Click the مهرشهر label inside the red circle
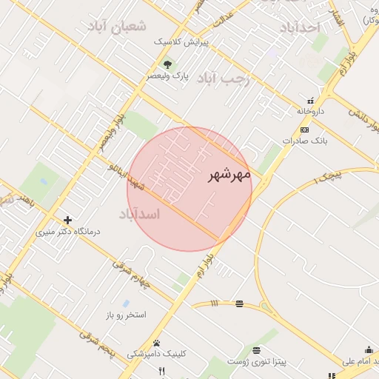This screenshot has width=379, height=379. (x=229, y=175)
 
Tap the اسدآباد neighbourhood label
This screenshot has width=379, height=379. (x=139, y=214)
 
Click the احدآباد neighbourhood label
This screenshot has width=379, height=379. (x=299, y=27)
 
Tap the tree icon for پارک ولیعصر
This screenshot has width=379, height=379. (x=167, y=64)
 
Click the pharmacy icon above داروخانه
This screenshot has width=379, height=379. (x=311, y=100)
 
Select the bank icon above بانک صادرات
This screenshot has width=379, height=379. (x=305, y=129)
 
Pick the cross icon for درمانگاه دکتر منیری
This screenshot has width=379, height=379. (x=68, y=220)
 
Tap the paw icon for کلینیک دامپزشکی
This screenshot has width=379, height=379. (x=156, y=343)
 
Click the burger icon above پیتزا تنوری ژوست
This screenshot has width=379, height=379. (x=256, y=349)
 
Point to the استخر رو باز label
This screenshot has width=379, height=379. (x=125, y=315)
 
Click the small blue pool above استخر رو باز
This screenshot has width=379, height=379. (x=127, y=303)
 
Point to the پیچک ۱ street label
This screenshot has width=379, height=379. (x=329, y=175)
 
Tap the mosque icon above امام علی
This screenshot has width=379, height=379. (x=369, y=349)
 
